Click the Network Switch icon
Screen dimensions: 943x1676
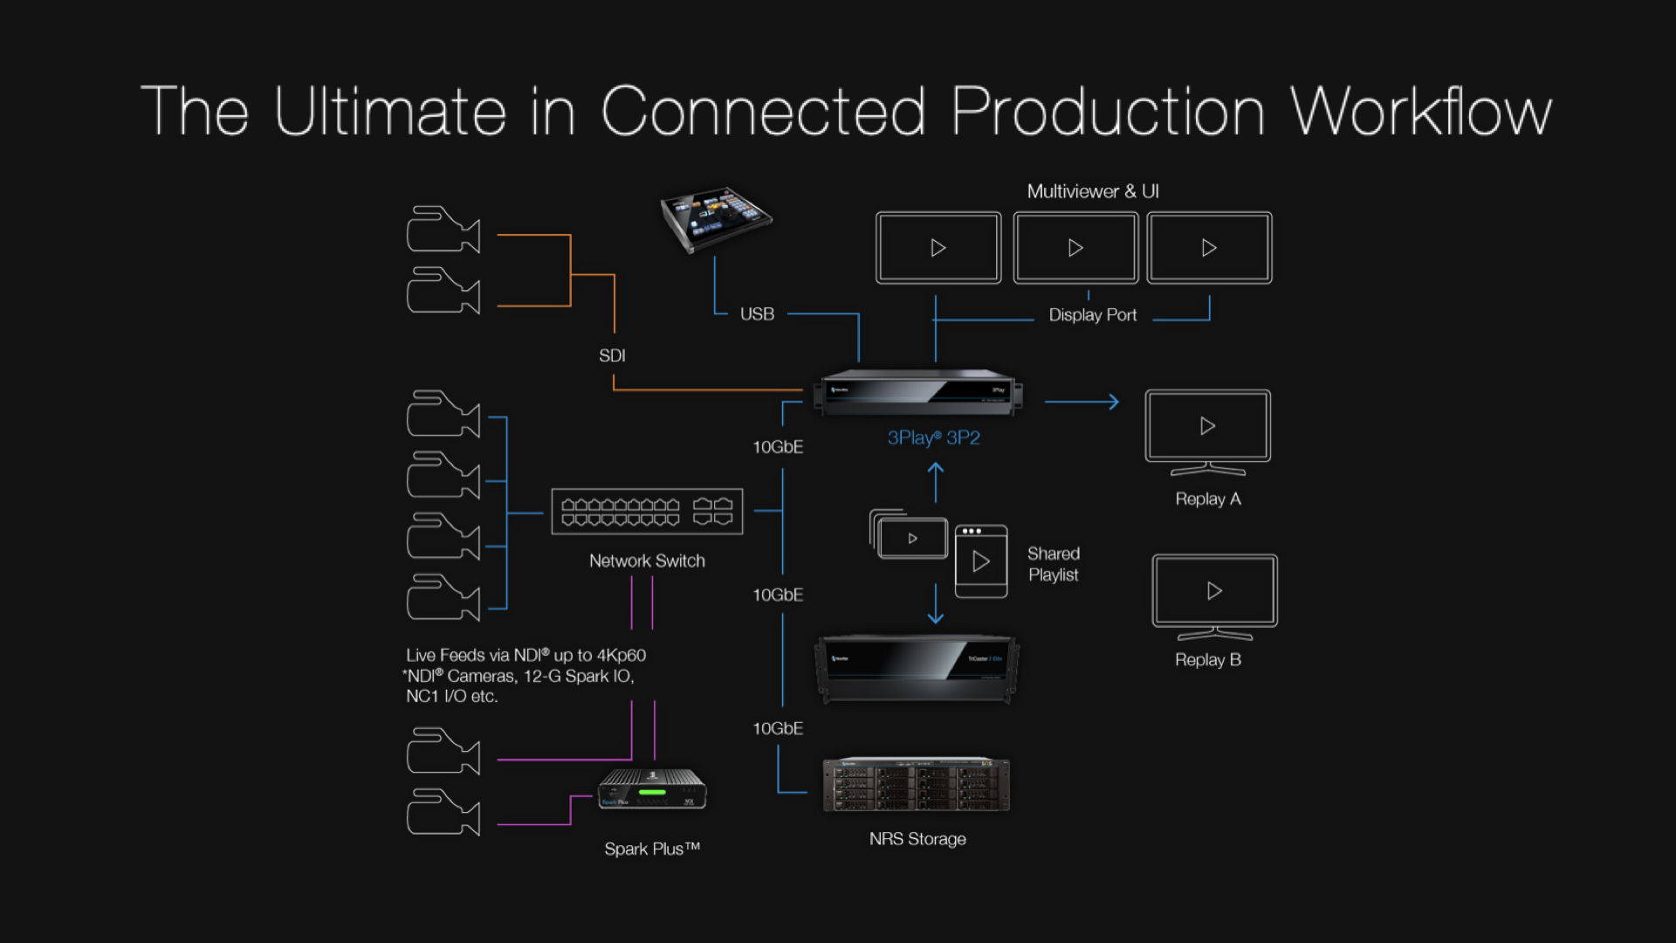647,512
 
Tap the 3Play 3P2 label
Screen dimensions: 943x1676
933,437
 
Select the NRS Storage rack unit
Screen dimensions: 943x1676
916,784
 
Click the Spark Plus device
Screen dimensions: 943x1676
652,789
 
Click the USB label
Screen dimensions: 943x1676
757,314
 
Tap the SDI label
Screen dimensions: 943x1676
612,355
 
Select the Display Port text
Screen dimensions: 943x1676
1092,315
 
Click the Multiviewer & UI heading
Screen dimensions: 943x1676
1092,191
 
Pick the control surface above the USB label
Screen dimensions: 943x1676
715,218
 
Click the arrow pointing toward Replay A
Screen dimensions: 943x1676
1082,402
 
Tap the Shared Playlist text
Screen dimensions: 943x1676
1053,564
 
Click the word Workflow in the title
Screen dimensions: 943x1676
1420,112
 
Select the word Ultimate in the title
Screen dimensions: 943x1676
390,112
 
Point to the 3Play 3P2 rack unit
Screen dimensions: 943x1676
917,393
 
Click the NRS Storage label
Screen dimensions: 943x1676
917,839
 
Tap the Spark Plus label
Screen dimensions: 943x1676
652,849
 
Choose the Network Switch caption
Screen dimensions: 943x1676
647,561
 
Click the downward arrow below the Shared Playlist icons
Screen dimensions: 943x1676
936,604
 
